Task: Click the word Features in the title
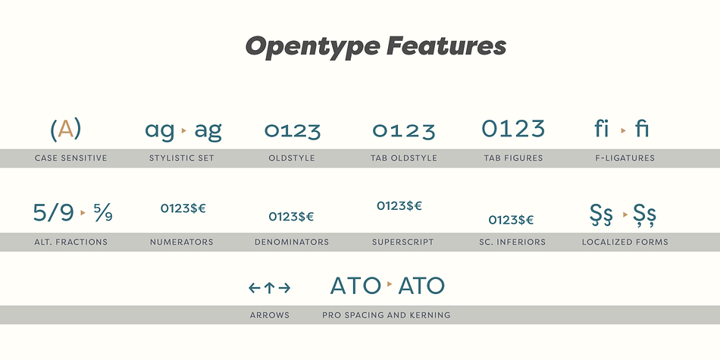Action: tap(446, 46)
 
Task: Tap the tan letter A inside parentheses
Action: tap(66, 129)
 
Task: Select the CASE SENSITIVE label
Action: tap(70, 158)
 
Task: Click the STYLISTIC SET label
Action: tap(182, 158)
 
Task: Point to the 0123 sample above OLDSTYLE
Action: tap(293, 131)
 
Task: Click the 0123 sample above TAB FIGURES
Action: tap(513, 128)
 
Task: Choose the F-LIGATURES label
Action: tap(625, 158)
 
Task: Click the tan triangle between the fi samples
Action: tap(623, 130)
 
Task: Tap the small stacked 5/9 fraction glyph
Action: tap(103, 213)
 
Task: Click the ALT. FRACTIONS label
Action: tap(70, 242)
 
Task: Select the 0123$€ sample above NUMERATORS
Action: tap(183, 208)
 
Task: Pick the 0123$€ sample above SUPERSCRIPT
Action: tap(399, 205)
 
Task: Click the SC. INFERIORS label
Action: tap(512, 242)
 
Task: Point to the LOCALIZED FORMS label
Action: tap(625, 242)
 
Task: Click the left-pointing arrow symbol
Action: tap(254, 288)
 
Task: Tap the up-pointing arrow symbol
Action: tap(270, 288)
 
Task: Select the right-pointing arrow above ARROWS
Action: tap(285, 288)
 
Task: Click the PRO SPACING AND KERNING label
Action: tap(387, 315)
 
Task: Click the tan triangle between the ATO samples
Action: tap(390, 284)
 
